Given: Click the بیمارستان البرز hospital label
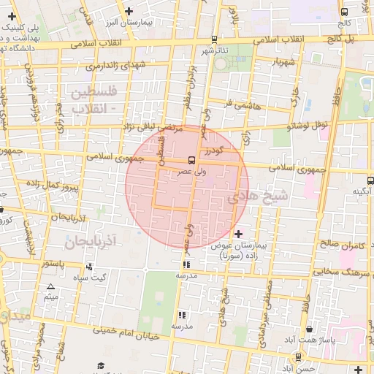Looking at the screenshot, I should pyautogui.click(x=166, y=23).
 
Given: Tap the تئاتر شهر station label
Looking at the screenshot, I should pyautogui.click(x=215, y=50).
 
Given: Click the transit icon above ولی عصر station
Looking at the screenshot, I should pyautogui.click(x=191, y=160).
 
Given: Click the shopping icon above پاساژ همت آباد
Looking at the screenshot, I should pyautogui.click(x=310, y=329).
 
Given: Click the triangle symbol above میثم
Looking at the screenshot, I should pyautogui.click(x=50, y=286).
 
